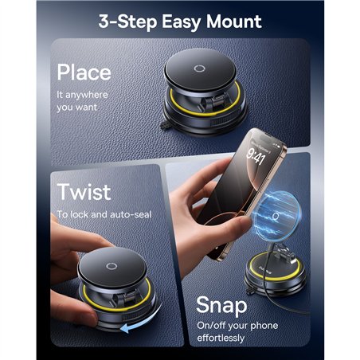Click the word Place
[83, 72]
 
